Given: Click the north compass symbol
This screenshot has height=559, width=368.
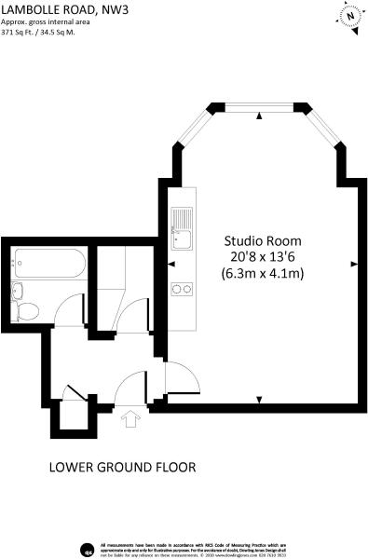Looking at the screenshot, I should coord(349,17).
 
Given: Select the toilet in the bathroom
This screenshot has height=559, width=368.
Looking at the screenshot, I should coord(28,310).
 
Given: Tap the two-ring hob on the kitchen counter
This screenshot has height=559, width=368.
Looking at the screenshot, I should coord(180,289).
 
